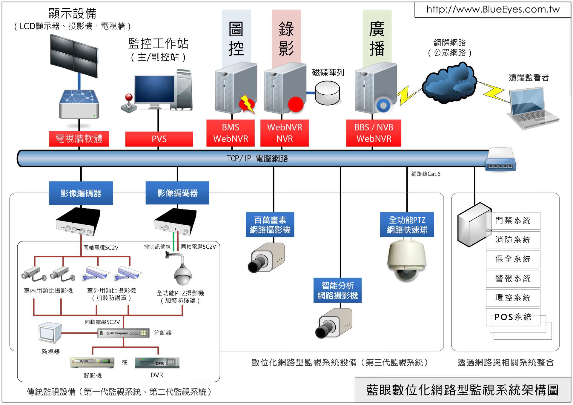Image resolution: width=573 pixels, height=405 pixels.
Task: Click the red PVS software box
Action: point(159,139)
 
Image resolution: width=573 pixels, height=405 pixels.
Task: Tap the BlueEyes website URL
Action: point(493,10)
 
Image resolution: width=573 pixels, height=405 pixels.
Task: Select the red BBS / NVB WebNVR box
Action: point(374,133)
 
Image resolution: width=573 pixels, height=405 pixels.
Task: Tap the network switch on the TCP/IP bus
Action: point(500,161)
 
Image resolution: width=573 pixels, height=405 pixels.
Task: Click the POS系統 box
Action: point(513,317)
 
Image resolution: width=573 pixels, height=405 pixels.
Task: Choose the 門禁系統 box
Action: point(513,221)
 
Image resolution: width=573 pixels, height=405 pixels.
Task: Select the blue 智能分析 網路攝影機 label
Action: point(337,290)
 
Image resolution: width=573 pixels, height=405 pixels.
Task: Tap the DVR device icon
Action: point(157,363)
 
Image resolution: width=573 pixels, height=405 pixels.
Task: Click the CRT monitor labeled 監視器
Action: point(50,333)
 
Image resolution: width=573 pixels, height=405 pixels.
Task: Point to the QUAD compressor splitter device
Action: point(123,333)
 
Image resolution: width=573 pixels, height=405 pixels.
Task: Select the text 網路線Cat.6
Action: point(425,174)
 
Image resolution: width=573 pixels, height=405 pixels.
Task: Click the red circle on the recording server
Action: point(296,104)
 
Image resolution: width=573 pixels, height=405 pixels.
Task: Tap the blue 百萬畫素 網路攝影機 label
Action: point(270,225)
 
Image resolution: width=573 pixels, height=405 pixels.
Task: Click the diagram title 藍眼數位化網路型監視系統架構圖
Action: point(462,390)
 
